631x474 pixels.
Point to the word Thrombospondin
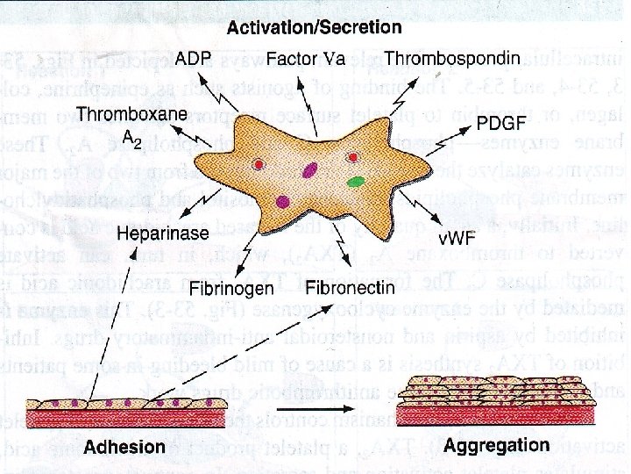click(x=452, y=59)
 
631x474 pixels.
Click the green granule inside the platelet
click(x=356, y=183)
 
